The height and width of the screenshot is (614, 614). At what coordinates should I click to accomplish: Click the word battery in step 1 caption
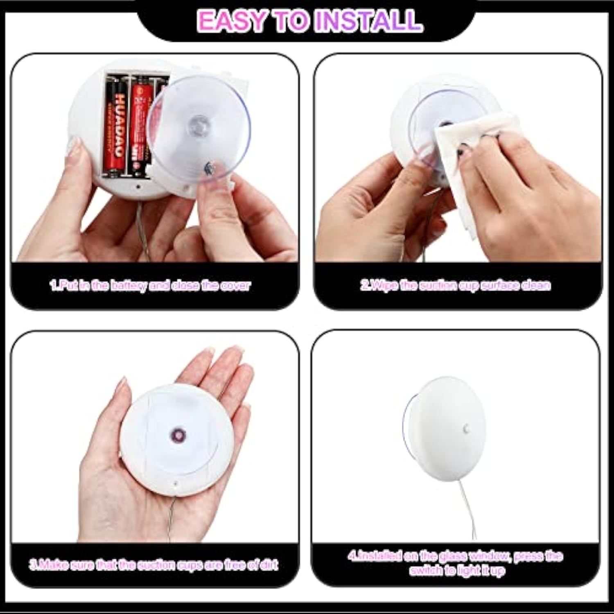point(129,285)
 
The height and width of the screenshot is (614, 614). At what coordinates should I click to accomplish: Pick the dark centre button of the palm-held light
point(179,434)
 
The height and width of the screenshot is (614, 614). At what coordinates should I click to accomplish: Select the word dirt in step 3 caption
point(269,565)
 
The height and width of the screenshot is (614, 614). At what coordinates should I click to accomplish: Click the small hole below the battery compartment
point(138,187)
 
